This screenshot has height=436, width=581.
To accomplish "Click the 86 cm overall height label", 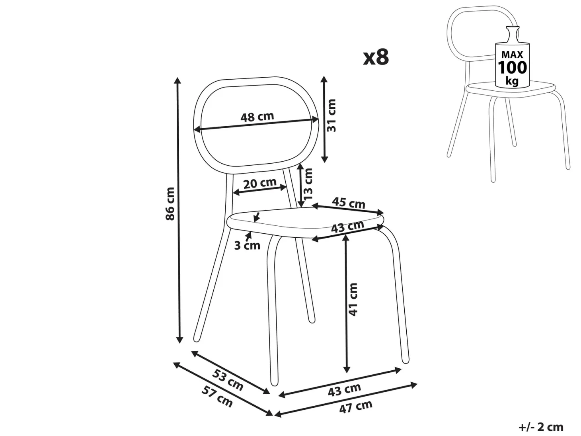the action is [170, 203].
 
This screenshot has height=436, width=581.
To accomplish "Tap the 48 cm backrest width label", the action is [257, 117].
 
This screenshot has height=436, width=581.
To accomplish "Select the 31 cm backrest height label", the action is [331, 115].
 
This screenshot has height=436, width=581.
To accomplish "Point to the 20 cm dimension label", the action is [260, 183].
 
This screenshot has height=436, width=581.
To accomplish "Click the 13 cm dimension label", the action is [308, 184].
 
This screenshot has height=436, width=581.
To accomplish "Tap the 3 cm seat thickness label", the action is [247, 246].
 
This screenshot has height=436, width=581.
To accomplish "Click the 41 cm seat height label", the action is [353, 299].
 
